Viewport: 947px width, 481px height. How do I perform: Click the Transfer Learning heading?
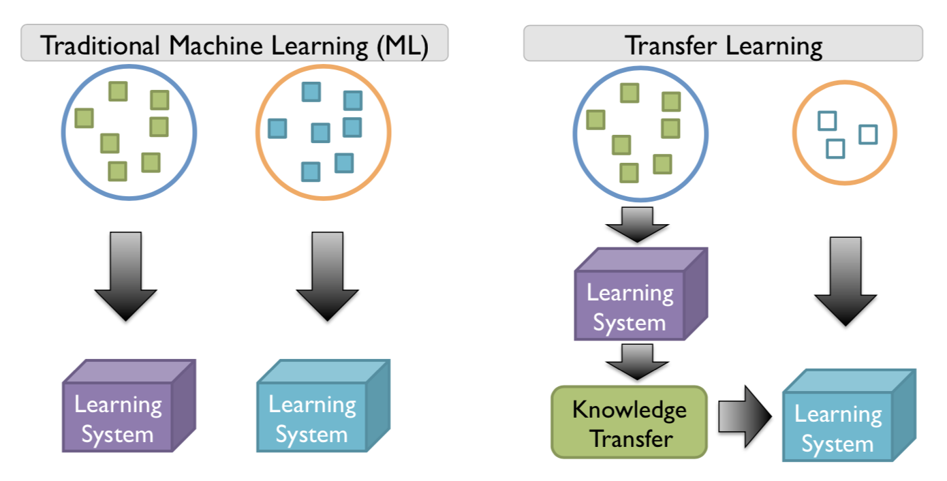[723, 45]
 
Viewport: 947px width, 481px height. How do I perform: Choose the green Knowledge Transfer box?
[629, 422]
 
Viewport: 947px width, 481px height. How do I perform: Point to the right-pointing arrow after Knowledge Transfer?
[745, 416]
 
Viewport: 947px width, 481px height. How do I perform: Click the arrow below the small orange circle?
[845, 279]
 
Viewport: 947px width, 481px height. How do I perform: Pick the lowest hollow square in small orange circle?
[835, 149]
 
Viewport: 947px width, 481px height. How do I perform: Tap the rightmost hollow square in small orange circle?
[867, 134]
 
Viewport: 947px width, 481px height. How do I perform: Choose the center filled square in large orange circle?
[320, 132]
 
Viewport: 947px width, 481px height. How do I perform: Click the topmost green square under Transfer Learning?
[630, 93]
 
